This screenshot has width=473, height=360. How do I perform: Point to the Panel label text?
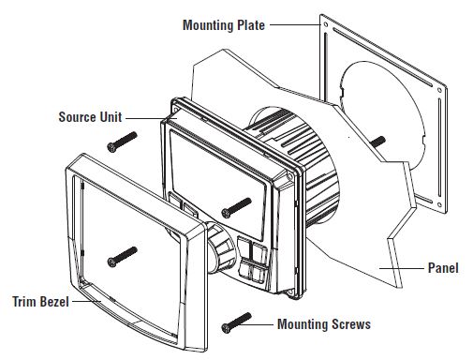(x=441, y=268)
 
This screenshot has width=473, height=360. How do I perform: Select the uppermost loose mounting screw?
(x=122, y=141)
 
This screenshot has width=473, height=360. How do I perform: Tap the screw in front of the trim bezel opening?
(x=122, y=254)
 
